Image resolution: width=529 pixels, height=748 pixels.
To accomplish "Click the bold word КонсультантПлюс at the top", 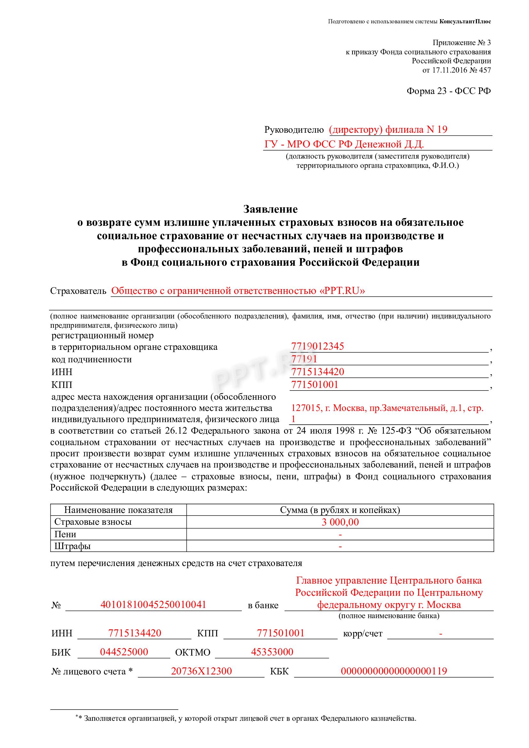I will [x=465, y=22].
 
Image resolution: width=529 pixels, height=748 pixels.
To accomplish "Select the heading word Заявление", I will [x=270, y=209].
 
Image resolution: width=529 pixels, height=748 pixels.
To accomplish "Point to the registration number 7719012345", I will [x=317, y=346].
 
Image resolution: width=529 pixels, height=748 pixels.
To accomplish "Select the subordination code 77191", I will [x=304, y=359].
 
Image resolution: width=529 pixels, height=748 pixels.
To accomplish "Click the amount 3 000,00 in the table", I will [x=340, y=522].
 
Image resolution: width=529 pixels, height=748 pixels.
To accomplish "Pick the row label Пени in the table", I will [x=65, y=534].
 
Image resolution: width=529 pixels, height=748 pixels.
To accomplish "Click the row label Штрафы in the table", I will [x=72, y=546].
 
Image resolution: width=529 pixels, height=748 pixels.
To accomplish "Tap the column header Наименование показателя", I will [x=118, y=510].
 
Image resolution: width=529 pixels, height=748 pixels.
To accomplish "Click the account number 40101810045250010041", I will [x=153, y=605].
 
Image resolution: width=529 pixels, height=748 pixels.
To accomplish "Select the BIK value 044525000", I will [x=124, y=652].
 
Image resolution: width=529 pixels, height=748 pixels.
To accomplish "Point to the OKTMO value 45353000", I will [x=272, y=652].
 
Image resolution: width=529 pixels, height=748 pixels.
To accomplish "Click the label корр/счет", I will [x=363, y=634].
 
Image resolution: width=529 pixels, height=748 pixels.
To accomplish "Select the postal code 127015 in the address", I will [x=305, y=408].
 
